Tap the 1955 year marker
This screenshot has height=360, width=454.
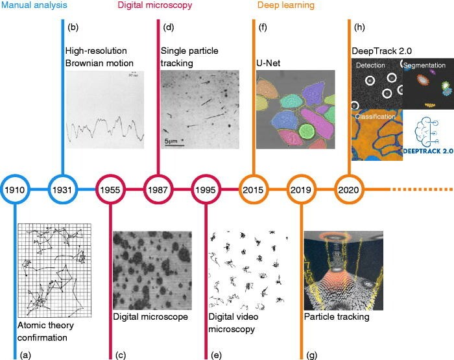[x=110, y=189]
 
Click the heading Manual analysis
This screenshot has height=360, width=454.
[x=34, y=5]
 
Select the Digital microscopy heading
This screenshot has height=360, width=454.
[x=155, y=5]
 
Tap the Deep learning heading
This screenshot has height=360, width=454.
[x=286, y=5]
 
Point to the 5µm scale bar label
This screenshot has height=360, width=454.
[x=171, y=141]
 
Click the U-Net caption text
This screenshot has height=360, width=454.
[x=269, y=63]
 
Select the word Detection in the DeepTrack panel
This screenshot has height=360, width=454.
[x=370, y=65]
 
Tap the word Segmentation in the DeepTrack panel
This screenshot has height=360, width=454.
[x=424, y=66]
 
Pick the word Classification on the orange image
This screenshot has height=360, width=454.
[x=376, y=116]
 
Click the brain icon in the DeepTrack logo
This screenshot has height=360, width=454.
[x=426, y=132]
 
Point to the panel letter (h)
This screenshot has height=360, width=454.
[x=359, y=27]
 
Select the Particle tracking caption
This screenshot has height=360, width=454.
[x=337, y=317]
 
